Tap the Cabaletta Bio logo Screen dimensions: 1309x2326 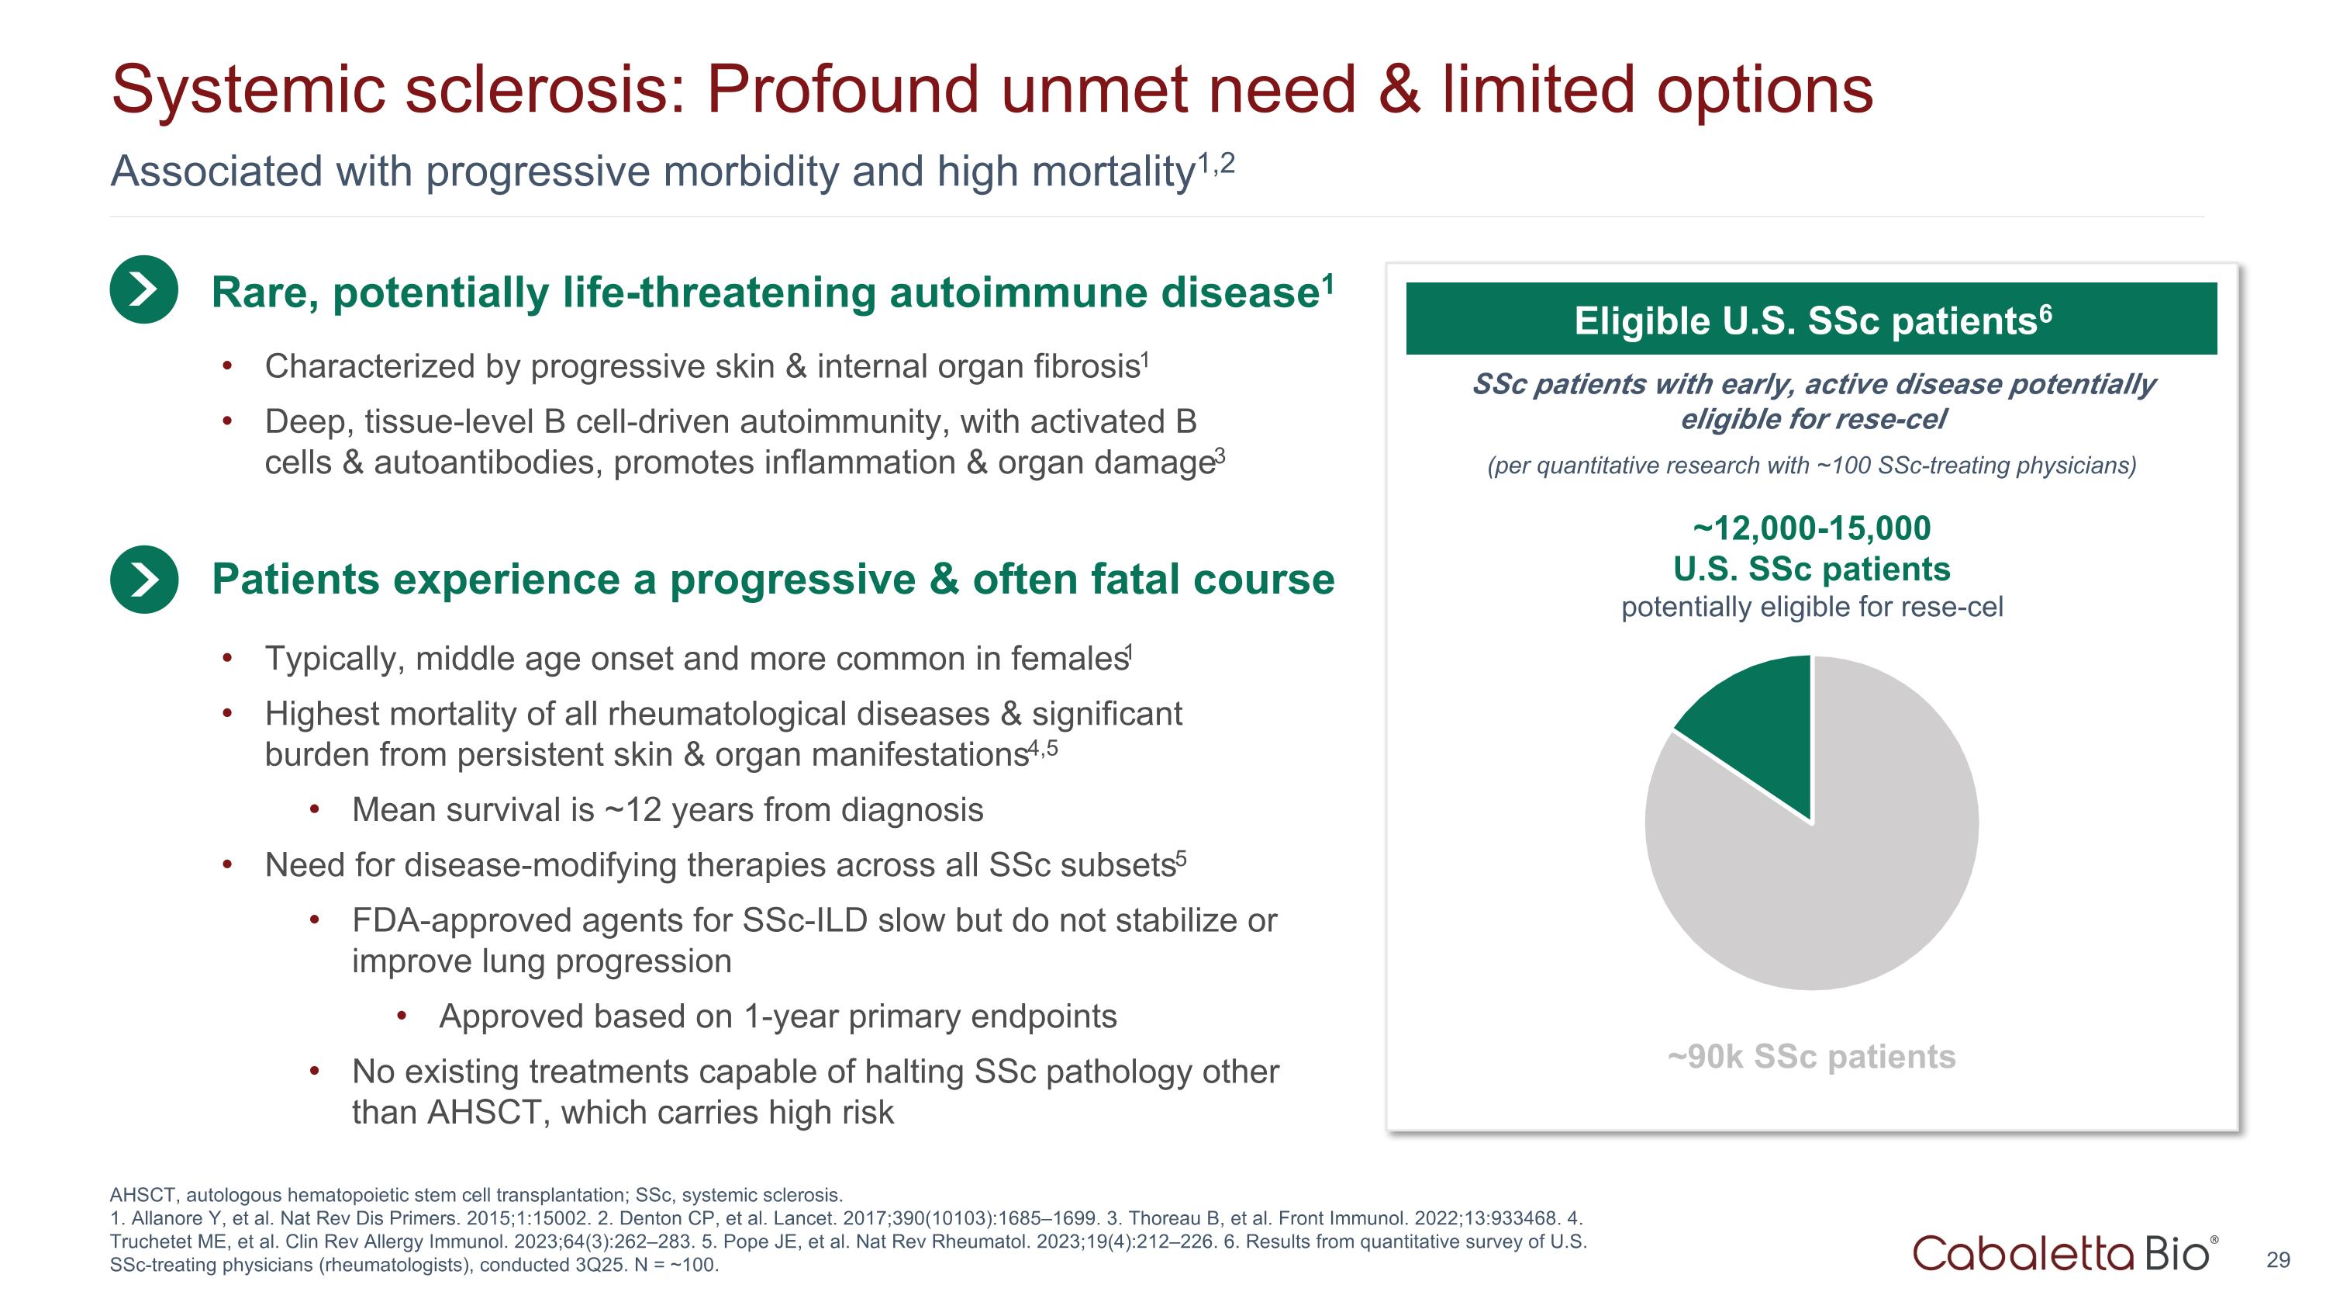[2063, 1253]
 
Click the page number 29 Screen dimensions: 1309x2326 [2277, 1260]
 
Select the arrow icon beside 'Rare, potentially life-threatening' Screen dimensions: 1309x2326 [143, 290]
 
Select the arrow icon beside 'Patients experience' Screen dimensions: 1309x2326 [143, 579]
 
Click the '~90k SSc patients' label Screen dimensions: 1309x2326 [1811, 1056]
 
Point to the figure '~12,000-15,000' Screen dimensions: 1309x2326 [1811, 528]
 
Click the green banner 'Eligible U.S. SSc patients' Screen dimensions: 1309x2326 [1811, 320]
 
